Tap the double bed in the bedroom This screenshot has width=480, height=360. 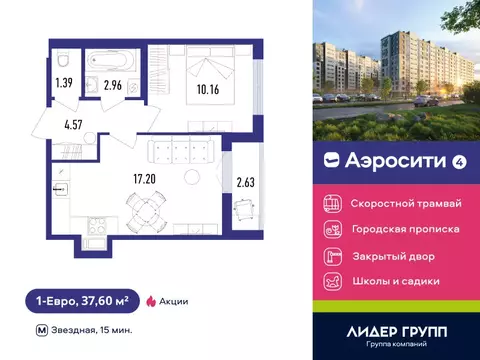(x=208, y=69)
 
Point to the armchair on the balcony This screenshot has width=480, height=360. (x=245, y=209)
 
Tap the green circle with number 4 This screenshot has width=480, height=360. (x=459, y=161)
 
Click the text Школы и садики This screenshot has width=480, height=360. (x=396, y=281)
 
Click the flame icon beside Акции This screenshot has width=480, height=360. (x=151, y=300)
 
